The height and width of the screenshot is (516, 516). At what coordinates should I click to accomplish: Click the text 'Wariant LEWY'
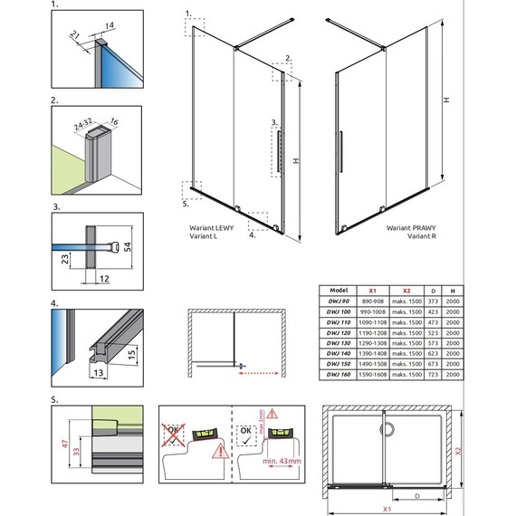point(211,229)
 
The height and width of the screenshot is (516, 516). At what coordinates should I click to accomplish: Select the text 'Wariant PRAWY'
point(410,229)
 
